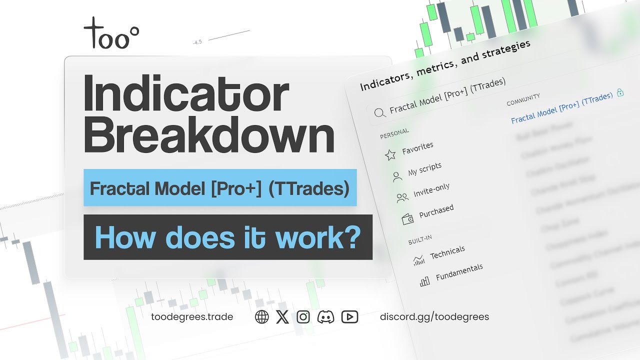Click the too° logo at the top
click(x=111, y=33)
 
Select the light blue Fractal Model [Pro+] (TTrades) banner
click(x=220, y=187)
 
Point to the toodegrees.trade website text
click(x=192, y=317)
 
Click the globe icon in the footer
click(x=262, y=317)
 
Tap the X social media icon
click(x=282, y=317)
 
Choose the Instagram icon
click(x=303, y=317)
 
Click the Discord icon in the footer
click(x=325, y=317)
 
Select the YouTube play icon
click(x=349, y=317)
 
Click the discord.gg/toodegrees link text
click(x=434, y=317)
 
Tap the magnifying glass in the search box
click(x=380, y=112)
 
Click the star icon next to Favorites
click(x=390, y=155)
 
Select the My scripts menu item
click(x=424, y=169)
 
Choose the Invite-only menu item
click(x=431, y=190)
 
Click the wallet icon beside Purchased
click(x=407, y=219)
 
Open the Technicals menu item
click(x=447, y=252)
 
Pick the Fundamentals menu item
click(x=459, y=272)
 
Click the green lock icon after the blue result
click(x=620, y=92)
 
